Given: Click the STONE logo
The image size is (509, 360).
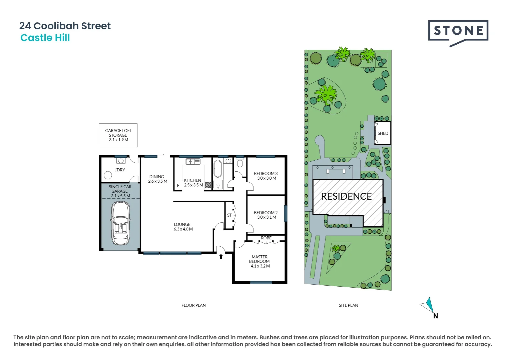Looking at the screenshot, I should (x=458, y=32).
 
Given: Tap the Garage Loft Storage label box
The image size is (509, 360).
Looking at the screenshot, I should (x=118, y=135).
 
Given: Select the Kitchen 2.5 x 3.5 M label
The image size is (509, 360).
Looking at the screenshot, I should (x=193, y=183).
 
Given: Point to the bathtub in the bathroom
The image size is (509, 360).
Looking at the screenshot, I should (x=217, y=169).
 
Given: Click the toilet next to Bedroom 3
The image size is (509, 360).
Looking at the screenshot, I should (x=240, y=163).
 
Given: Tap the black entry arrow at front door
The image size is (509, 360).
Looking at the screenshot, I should (x=221, y=256).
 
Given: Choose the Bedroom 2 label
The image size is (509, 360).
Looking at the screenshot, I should (x=266, y=215).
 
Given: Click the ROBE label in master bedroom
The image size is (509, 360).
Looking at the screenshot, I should (x=266, y=238).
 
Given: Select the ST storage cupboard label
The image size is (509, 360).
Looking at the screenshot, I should (x=229, y=215).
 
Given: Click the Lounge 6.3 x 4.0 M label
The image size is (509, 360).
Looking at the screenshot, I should (x=183, y=227).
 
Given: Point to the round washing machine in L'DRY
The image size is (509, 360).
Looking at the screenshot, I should (x=108, y=175).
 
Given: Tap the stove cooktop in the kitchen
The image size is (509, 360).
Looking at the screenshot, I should (x=208, y=185).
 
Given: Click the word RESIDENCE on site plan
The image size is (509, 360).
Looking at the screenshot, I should (x=346, y=196).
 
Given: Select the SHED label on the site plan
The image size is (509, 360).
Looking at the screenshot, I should (x=383, y=133).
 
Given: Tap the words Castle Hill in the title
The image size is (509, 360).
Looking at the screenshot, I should (x=45, y=38).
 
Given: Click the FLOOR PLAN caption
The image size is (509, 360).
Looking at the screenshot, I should (x=193, y=305).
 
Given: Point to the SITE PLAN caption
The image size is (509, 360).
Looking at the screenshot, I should (x=348, y=305).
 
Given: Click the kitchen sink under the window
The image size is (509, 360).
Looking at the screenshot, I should (x=193, y=162).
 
